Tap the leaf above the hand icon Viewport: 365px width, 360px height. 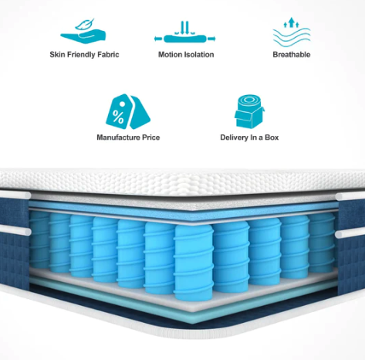pyautogui.click(x=85, y=24)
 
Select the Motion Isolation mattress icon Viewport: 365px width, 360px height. pyautogui.click(x=185, y=32)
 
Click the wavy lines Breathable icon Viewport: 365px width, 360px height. pyautogui.click(x=292, y=32)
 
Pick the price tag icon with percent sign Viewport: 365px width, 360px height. pyautogui.click(x=128, y=111)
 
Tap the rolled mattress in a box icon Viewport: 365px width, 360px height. pyautogui.click(x=249, y=111)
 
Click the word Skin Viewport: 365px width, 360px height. pyautogui.click(x=57, y=55)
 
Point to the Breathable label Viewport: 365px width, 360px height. pyautogui.click(x=292, y=55)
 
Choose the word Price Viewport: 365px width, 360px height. pyautogui.click(x=151, y=138)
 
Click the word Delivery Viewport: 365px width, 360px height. pyautogui.click(x=234, y=138)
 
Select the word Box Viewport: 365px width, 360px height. pyautogui.click(x=272, y=138)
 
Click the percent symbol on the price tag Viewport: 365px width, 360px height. pyautogui.click(x=118, y=117)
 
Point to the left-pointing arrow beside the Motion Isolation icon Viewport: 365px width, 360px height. pyautogui.click(x=158, y=39)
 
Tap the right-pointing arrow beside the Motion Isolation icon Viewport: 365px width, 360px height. pyautogui.click(x=211, y=39)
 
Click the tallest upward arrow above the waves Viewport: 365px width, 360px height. pyautogui.click(x=291, y=22)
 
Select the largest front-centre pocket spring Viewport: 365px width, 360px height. pyautogui.click(x=194, y=262)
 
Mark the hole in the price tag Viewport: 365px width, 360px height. pyautogui.click(x=123, y=104)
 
